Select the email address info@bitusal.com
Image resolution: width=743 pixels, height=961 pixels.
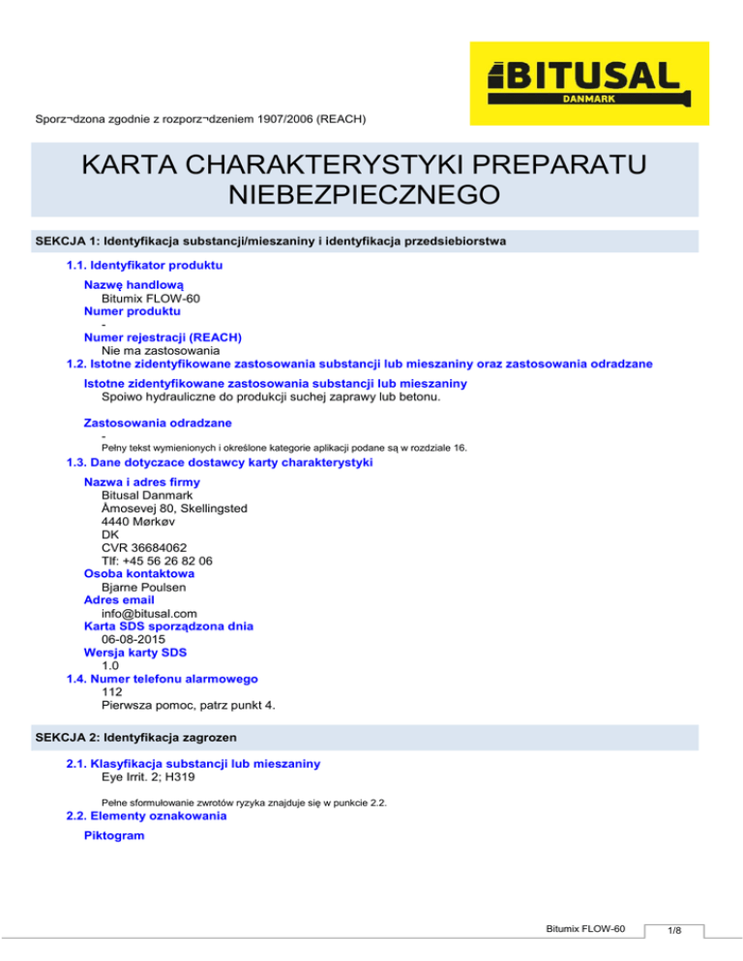coord(149,612)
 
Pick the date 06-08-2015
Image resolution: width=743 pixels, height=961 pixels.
coord(133,638)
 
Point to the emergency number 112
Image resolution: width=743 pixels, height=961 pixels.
coord(111,691)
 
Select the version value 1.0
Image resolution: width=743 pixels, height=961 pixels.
coord(110,664)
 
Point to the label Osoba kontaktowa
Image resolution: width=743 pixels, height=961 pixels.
coord(132,573)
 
